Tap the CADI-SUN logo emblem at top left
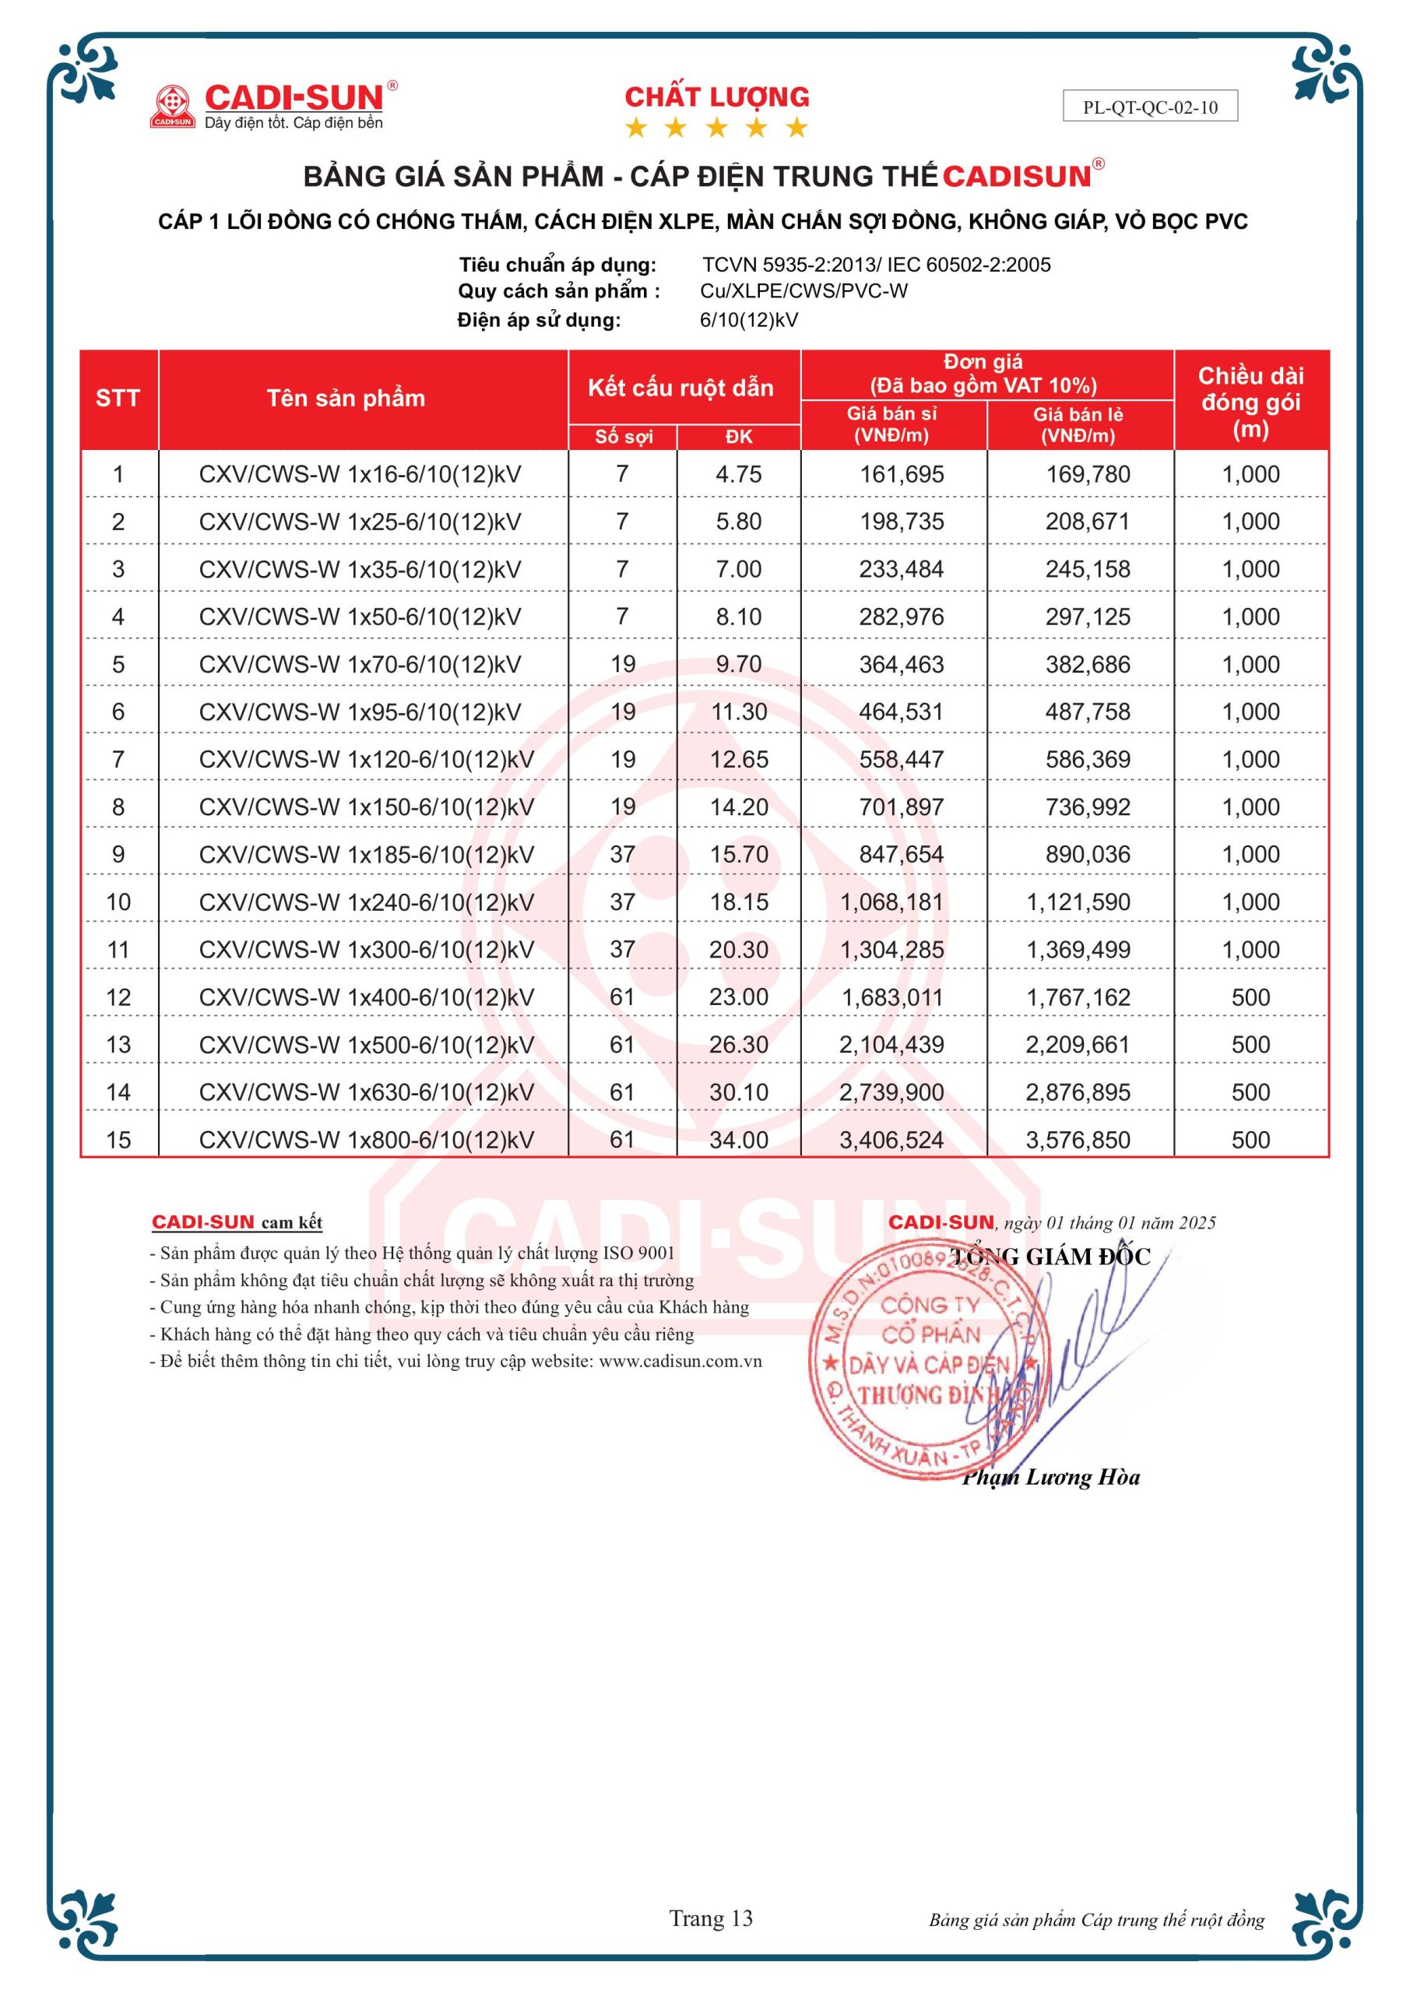pos(172,106)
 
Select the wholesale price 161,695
pos(902,475)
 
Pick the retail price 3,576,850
pos(1078,1140)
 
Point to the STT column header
pos(118,399)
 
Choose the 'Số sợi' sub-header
pos(624,437)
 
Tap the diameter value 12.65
pos(739,760)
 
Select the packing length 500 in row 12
pos(1250,997)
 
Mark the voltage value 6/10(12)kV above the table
pos(748,319)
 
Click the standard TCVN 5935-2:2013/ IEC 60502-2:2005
pos(876,265)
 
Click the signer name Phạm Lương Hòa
pos(1050,1478)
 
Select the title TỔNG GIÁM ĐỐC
pos(1050,1256)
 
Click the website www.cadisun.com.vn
pos(680,1361)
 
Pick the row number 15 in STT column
pos(118,1140)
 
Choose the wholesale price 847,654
pos(902,855)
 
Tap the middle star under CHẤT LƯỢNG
pos(716,128)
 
